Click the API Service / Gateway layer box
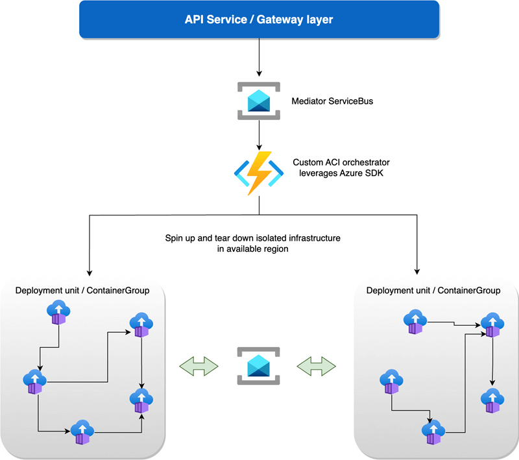(259, 19)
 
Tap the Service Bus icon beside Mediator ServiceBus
(259, 101)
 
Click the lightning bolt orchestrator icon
(259, 172)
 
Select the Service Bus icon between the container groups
(259, 366)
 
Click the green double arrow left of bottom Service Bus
(197, 366)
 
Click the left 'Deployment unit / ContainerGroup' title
(82, 290)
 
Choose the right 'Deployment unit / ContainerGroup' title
(433, 290)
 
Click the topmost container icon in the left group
(58, 313)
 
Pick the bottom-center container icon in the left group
(82, 431)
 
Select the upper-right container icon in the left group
(140, 324)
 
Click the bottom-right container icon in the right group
(492, 400)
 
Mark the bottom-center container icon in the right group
(432, 431)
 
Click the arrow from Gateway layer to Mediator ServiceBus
(259, 58)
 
